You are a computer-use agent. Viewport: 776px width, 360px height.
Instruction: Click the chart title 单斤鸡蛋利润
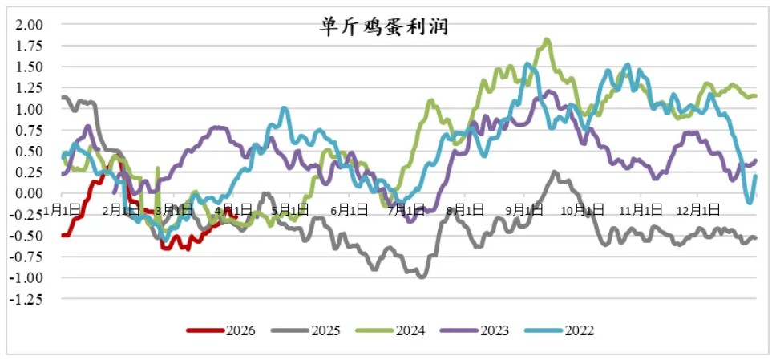click(x=382, y=26)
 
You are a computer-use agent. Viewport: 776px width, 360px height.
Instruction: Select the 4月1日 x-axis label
click(x=232, y=210)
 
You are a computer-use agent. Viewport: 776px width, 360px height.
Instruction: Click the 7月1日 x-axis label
click(x=406, y=210)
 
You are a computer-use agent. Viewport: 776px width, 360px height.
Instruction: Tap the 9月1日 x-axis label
click(x=523, y=210)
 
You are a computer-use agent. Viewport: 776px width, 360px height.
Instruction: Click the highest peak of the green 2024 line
click(x=547, y=39)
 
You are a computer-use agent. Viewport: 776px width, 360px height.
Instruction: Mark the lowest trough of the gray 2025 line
click(x=421, y=276)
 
